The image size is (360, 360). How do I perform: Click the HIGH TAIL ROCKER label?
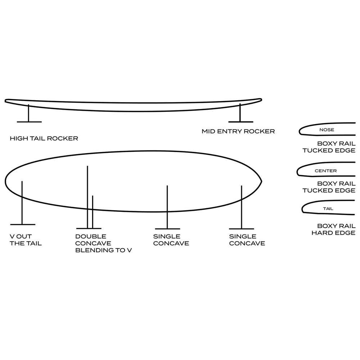pos(44,138)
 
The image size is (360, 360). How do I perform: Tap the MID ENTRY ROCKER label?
pos(238,131)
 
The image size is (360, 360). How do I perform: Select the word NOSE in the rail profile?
pos(327,130)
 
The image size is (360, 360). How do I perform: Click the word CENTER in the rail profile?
pos(325,171)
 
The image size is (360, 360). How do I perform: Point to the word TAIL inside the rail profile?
pos(328,209)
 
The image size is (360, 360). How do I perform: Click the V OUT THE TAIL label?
pos(26,240)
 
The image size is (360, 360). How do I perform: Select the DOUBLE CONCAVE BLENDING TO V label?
pos(103,243)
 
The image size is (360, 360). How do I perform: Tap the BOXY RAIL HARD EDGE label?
pos(333,229)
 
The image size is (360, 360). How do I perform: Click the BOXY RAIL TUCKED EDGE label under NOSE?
pos(329,147)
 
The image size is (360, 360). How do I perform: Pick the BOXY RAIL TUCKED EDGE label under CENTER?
pos(329,187)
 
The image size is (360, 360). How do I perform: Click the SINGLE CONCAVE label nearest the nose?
pos(247,240)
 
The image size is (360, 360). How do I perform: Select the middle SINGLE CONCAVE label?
pos(171,240)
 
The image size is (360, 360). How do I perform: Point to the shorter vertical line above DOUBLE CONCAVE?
pos(93,212)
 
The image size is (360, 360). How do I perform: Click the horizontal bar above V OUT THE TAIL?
pos(23,224)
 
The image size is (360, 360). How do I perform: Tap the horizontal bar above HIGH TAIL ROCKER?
pos(29,122)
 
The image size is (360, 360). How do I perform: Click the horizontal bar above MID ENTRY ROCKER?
pos(241,122)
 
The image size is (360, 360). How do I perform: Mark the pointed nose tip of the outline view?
pos(262,181)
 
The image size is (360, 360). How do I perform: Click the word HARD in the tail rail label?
pos(321,233)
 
